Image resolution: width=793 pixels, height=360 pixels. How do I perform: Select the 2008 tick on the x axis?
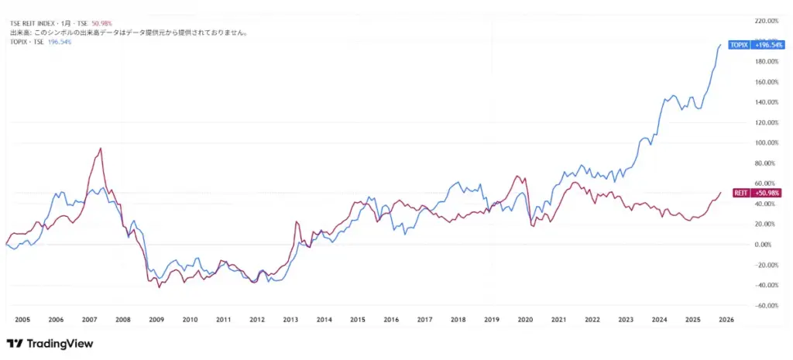(122, 319)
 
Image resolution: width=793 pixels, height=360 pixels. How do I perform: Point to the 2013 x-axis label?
(290, 319)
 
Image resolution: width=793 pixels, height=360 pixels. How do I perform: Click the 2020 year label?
(525, 319)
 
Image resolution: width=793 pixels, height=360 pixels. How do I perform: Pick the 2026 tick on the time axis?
(726, 319)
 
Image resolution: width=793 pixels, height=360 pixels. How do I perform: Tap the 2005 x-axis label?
(22, 319)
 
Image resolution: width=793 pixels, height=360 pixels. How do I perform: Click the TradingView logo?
(50, 343)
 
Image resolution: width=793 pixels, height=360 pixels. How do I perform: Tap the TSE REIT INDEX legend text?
(37, 25)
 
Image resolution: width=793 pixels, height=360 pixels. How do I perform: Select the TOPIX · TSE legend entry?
(27, 42)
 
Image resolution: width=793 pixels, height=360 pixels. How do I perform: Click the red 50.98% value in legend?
(103, 25)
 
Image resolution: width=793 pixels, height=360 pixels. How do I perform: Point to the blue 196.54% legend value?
(60, 42)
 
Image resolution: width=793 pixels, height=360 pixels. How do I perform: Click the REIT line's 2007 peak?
(100, 148)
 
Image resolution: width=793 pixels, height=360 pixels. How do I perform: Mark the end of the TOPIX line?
(721, 45)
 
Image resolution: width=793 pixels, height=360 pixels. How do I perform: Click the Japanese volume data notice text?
(128, 33)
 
